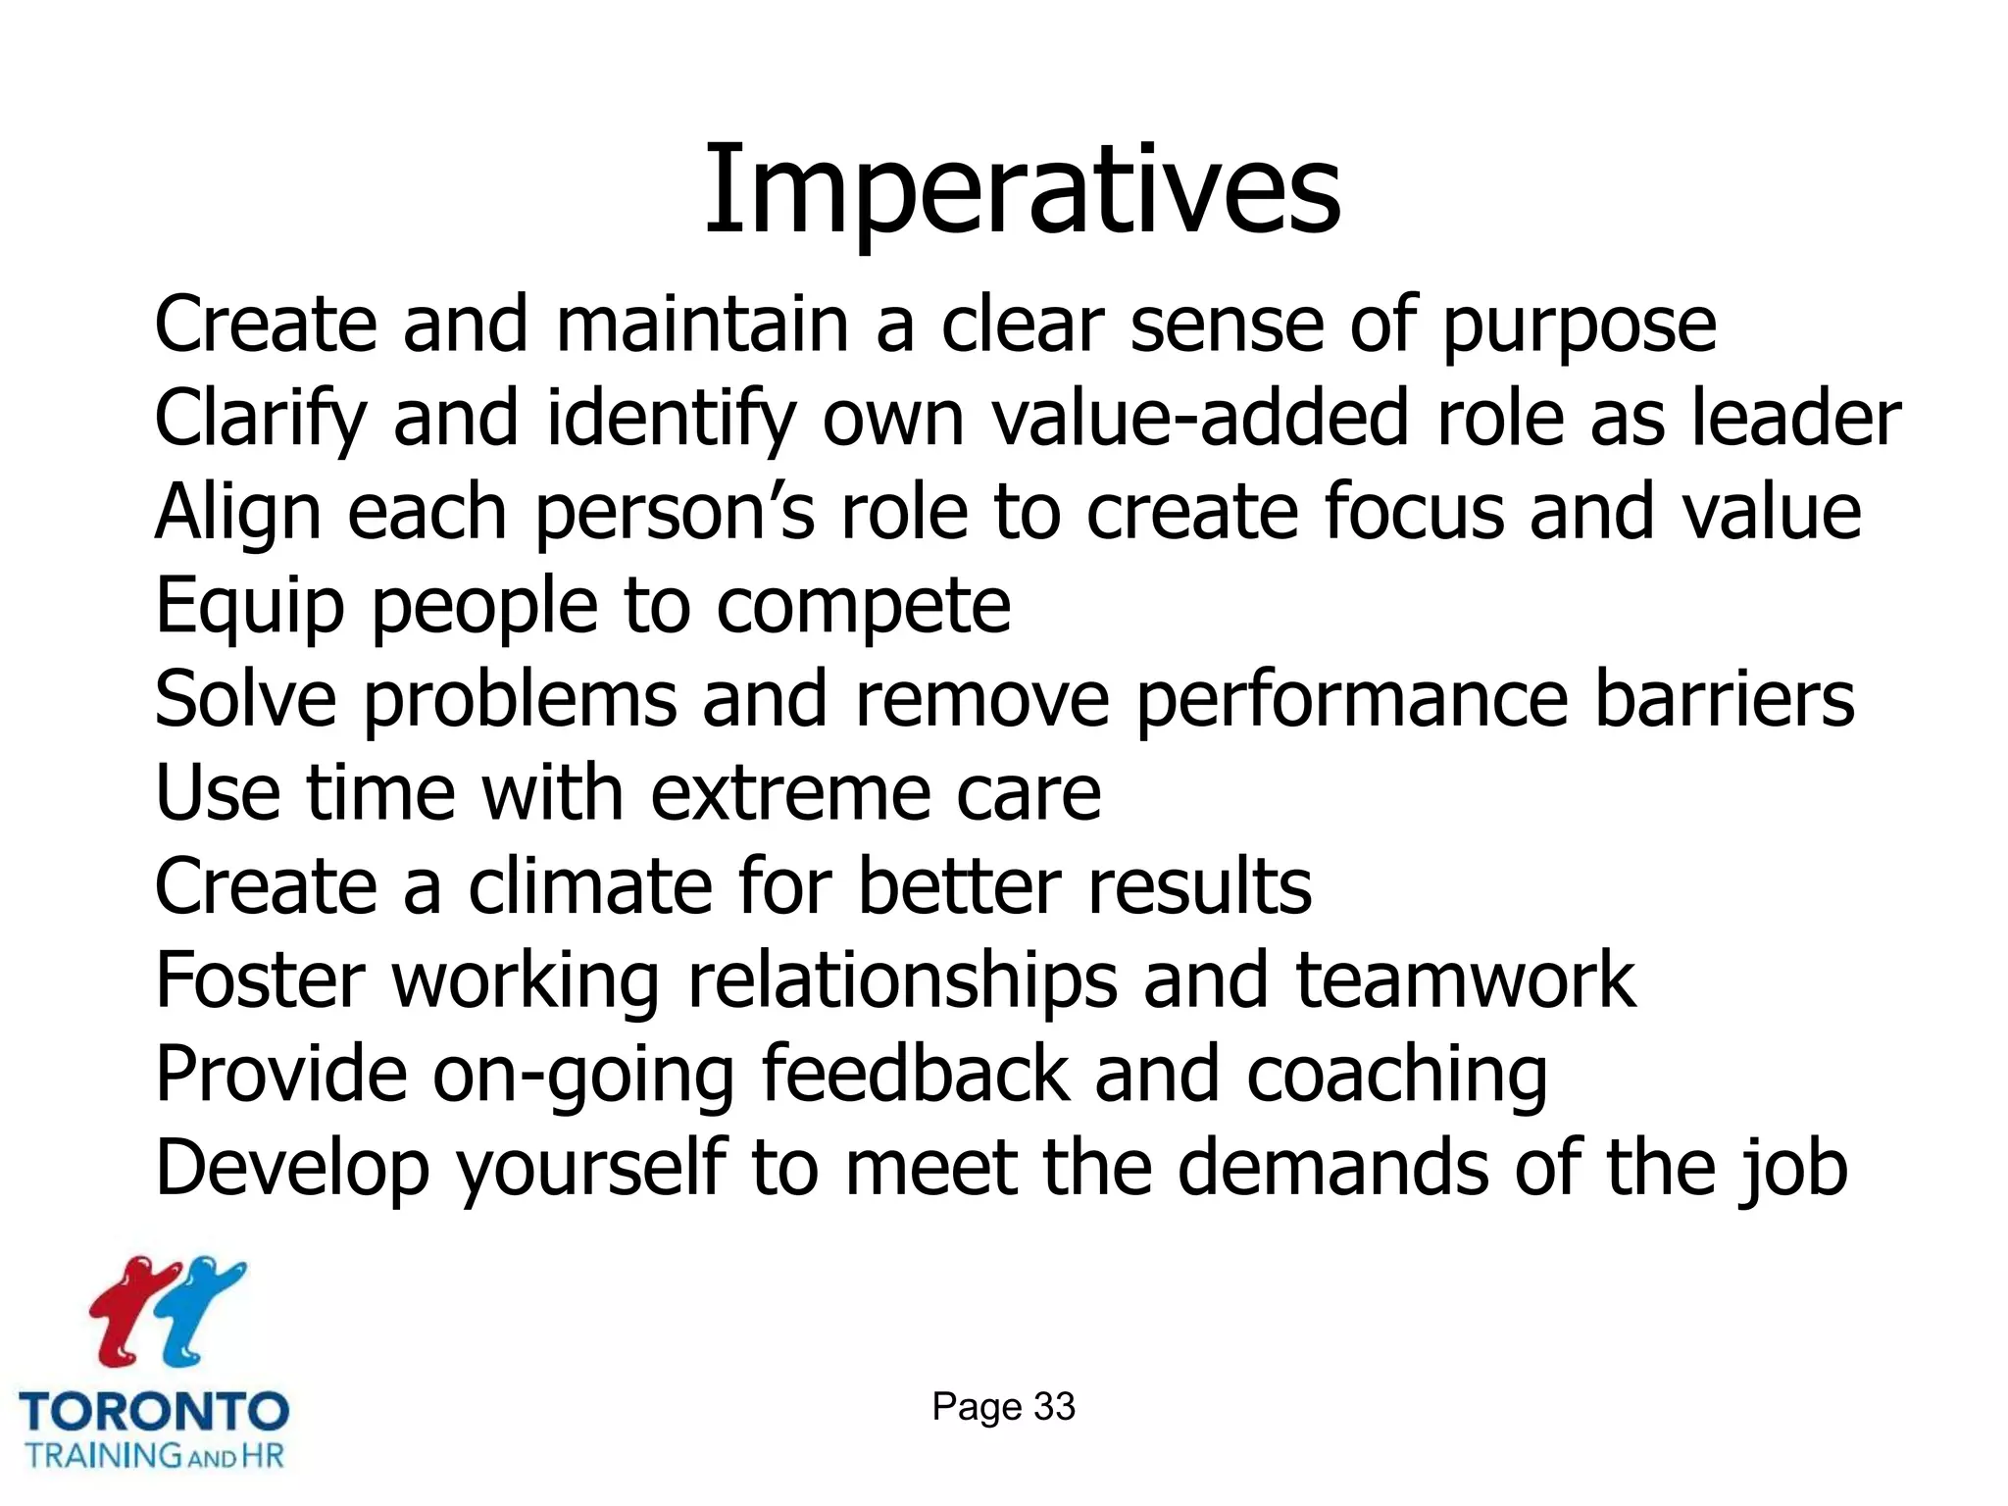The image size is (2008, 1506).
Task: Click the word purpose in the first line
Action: pyautogui.click(x=1579, y=326)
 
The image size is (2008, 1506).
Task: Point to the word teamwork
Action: pyautogui.click(x=1465, y=980)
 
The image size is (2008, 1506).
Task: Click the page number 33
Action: pyautogui.click(x=1054, y=1407)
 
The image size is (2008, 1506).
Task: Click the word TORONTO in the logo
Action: pyautogui.click(x=154, y=1413)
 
